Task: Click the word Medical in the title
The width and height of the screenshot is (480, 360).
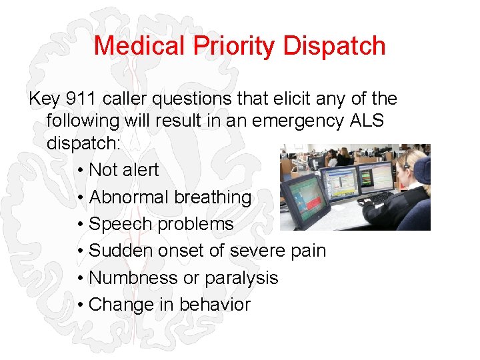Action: click(x=139, y=46)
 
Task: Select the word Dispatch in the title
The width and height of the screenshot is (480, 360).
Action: click(x=334, y=46)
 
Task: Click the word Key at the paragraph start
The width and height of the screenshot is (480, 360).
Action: click(x=44, y=99)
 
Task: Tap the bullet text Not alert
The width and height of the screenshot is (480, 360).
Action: click(x=123, y=170)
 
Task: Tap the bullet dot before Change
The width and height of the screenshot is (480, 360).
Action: click(x=80, y=305)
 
